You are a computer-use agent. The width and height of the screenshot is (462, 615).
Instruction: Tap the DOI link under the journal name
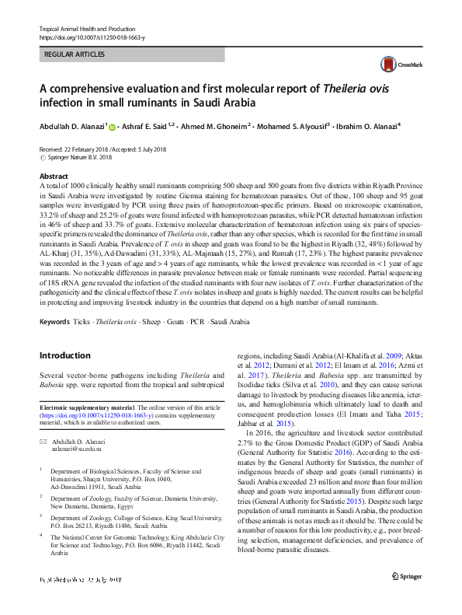tap(91, 37)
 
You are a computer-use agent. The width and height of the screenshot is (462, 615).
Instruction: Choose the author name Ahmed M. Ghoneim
tap(215, 127)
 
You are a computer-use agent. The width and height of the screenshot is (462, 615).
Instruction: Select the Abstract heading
tap(54, 176)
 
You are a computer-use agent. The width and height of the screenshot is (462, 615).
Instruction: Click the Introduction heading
tap(64, 355)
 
